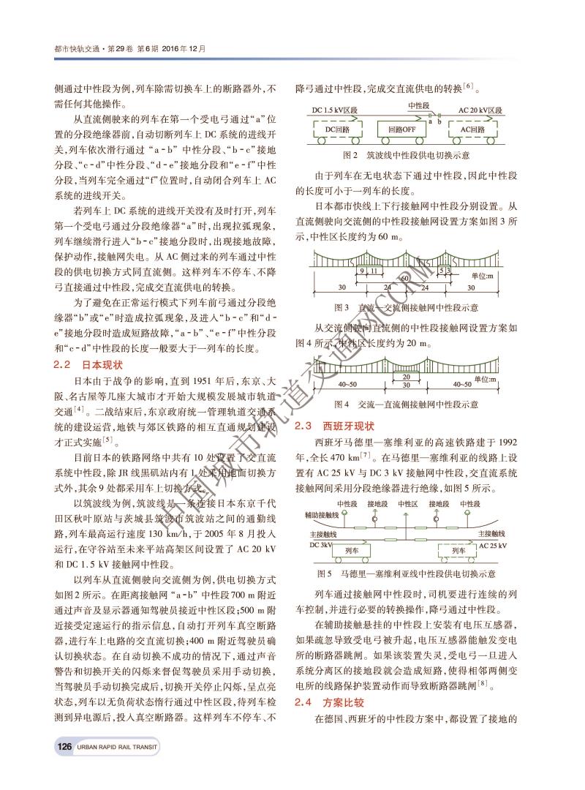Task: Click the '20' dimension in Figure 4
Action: [x=407, y=376]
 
